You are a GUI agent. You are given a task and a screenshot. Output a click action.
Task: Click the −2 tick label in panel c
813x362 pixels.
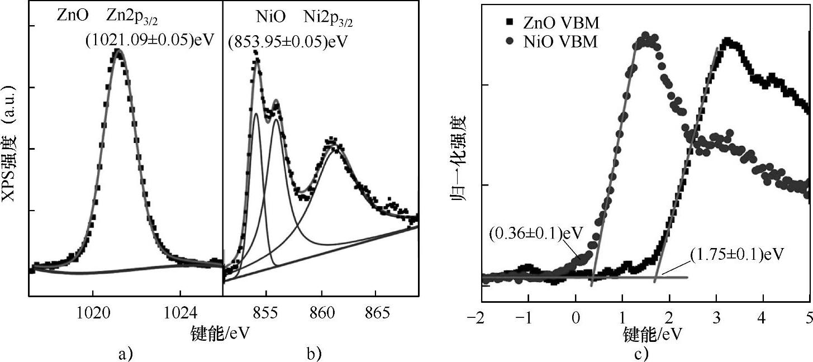[x=478, y=318]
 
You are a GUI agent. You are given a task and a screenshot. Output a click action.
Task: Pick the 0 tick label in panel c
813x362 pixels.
[x=576, y=318]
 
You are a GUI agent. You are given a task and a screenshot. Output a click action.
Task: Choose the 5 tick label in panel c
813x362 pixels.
[x=809, y=318]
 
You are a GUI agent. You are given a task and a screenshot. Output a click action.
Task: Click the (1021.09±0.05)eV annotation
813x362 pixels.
[x=150, y=41]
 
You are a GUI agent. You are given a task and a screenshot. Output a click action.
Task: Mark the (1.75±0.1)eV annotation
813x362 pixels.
[x=734, y=254]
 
